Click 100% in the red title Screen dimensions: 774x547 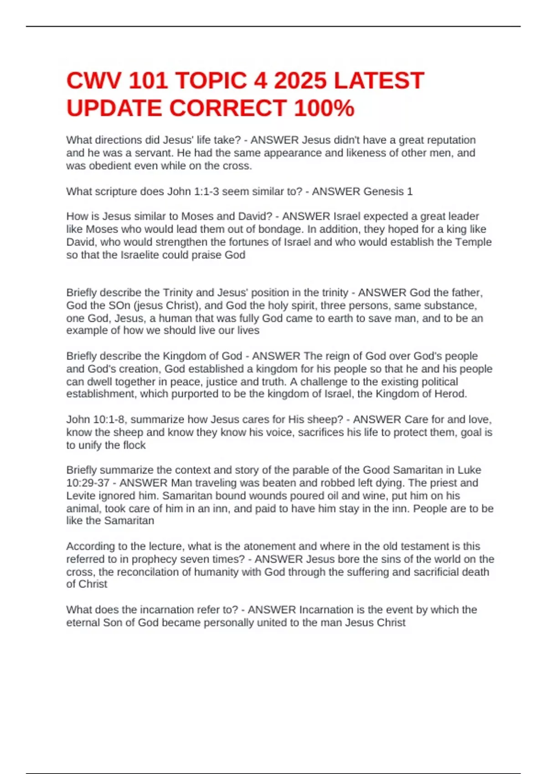click(x=324, y=108)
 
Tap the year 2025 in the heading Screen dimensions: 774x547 click(x=300, y=81)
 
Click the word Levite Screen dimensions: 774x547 click(x=81, y=495)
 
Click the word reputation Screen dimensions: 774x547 click(x=449, y=140)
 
